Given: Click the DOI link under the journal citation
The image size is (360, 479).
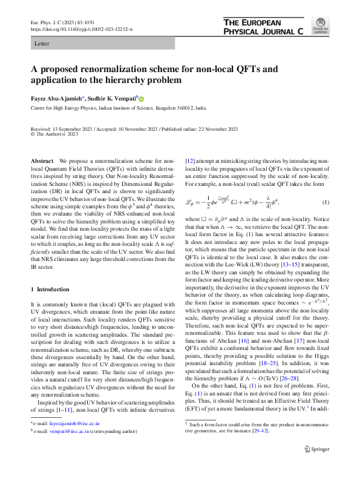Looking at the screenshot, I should pyautogui.click(x=82, y=28).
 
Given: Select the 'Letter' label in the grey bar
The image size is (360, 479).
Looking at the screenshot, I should pyautogui.click(x=42, y=44).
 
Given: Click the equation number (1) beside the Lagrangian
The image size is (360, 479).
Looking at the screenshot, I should pyautogui.click(x=325, y=201).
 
